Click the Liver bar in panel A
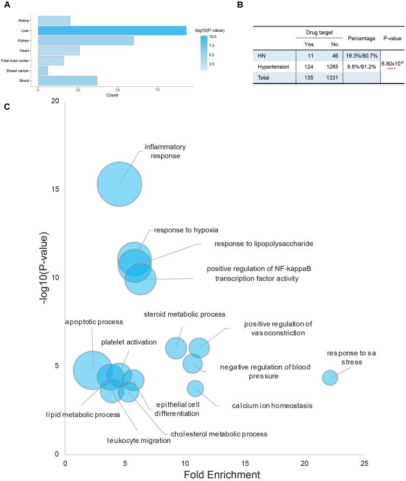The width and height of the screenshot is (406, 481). (112, 30)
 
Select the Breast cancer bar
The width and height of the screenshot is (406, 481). (43, 71)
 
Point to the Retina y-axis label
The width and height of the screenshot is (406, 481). (24, 20)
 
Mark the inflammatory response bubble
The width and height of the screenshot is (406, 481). (119, 184)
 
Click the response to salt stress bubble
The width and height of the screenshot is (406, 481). (329, 378)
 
